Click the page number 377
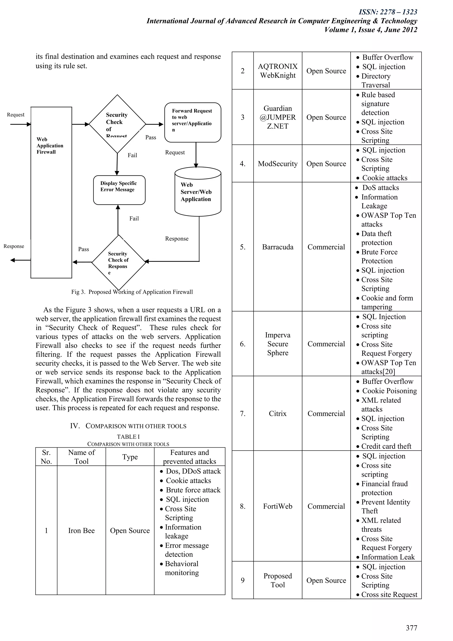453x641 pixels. point(411,628)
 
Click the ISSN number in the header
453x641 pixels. point(388,12)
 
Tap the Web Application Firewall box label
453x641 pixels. point(50,145)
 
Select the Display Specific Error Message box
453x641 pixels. point(119,190)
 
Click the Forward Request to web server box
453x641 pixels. point(192,122)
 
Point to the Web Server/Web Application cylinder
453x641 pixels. point(198,192)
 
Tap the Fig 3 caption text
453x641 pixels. point(132,292)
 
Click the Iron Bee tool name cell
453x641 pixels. point(81,531)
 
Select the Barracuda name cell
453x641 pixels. point(278,247)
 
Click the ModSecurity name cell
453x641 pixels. point(278,164)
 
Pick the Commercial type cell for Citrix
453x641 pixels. point(326,413)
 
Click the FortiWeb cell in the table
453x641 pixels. point(278,506)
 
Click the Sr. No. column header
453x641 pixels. point(46,457)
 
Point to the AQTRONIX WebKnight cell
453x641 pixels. point(278,71)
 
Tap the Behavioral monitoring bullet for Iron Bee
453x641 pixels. point(182,568)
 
